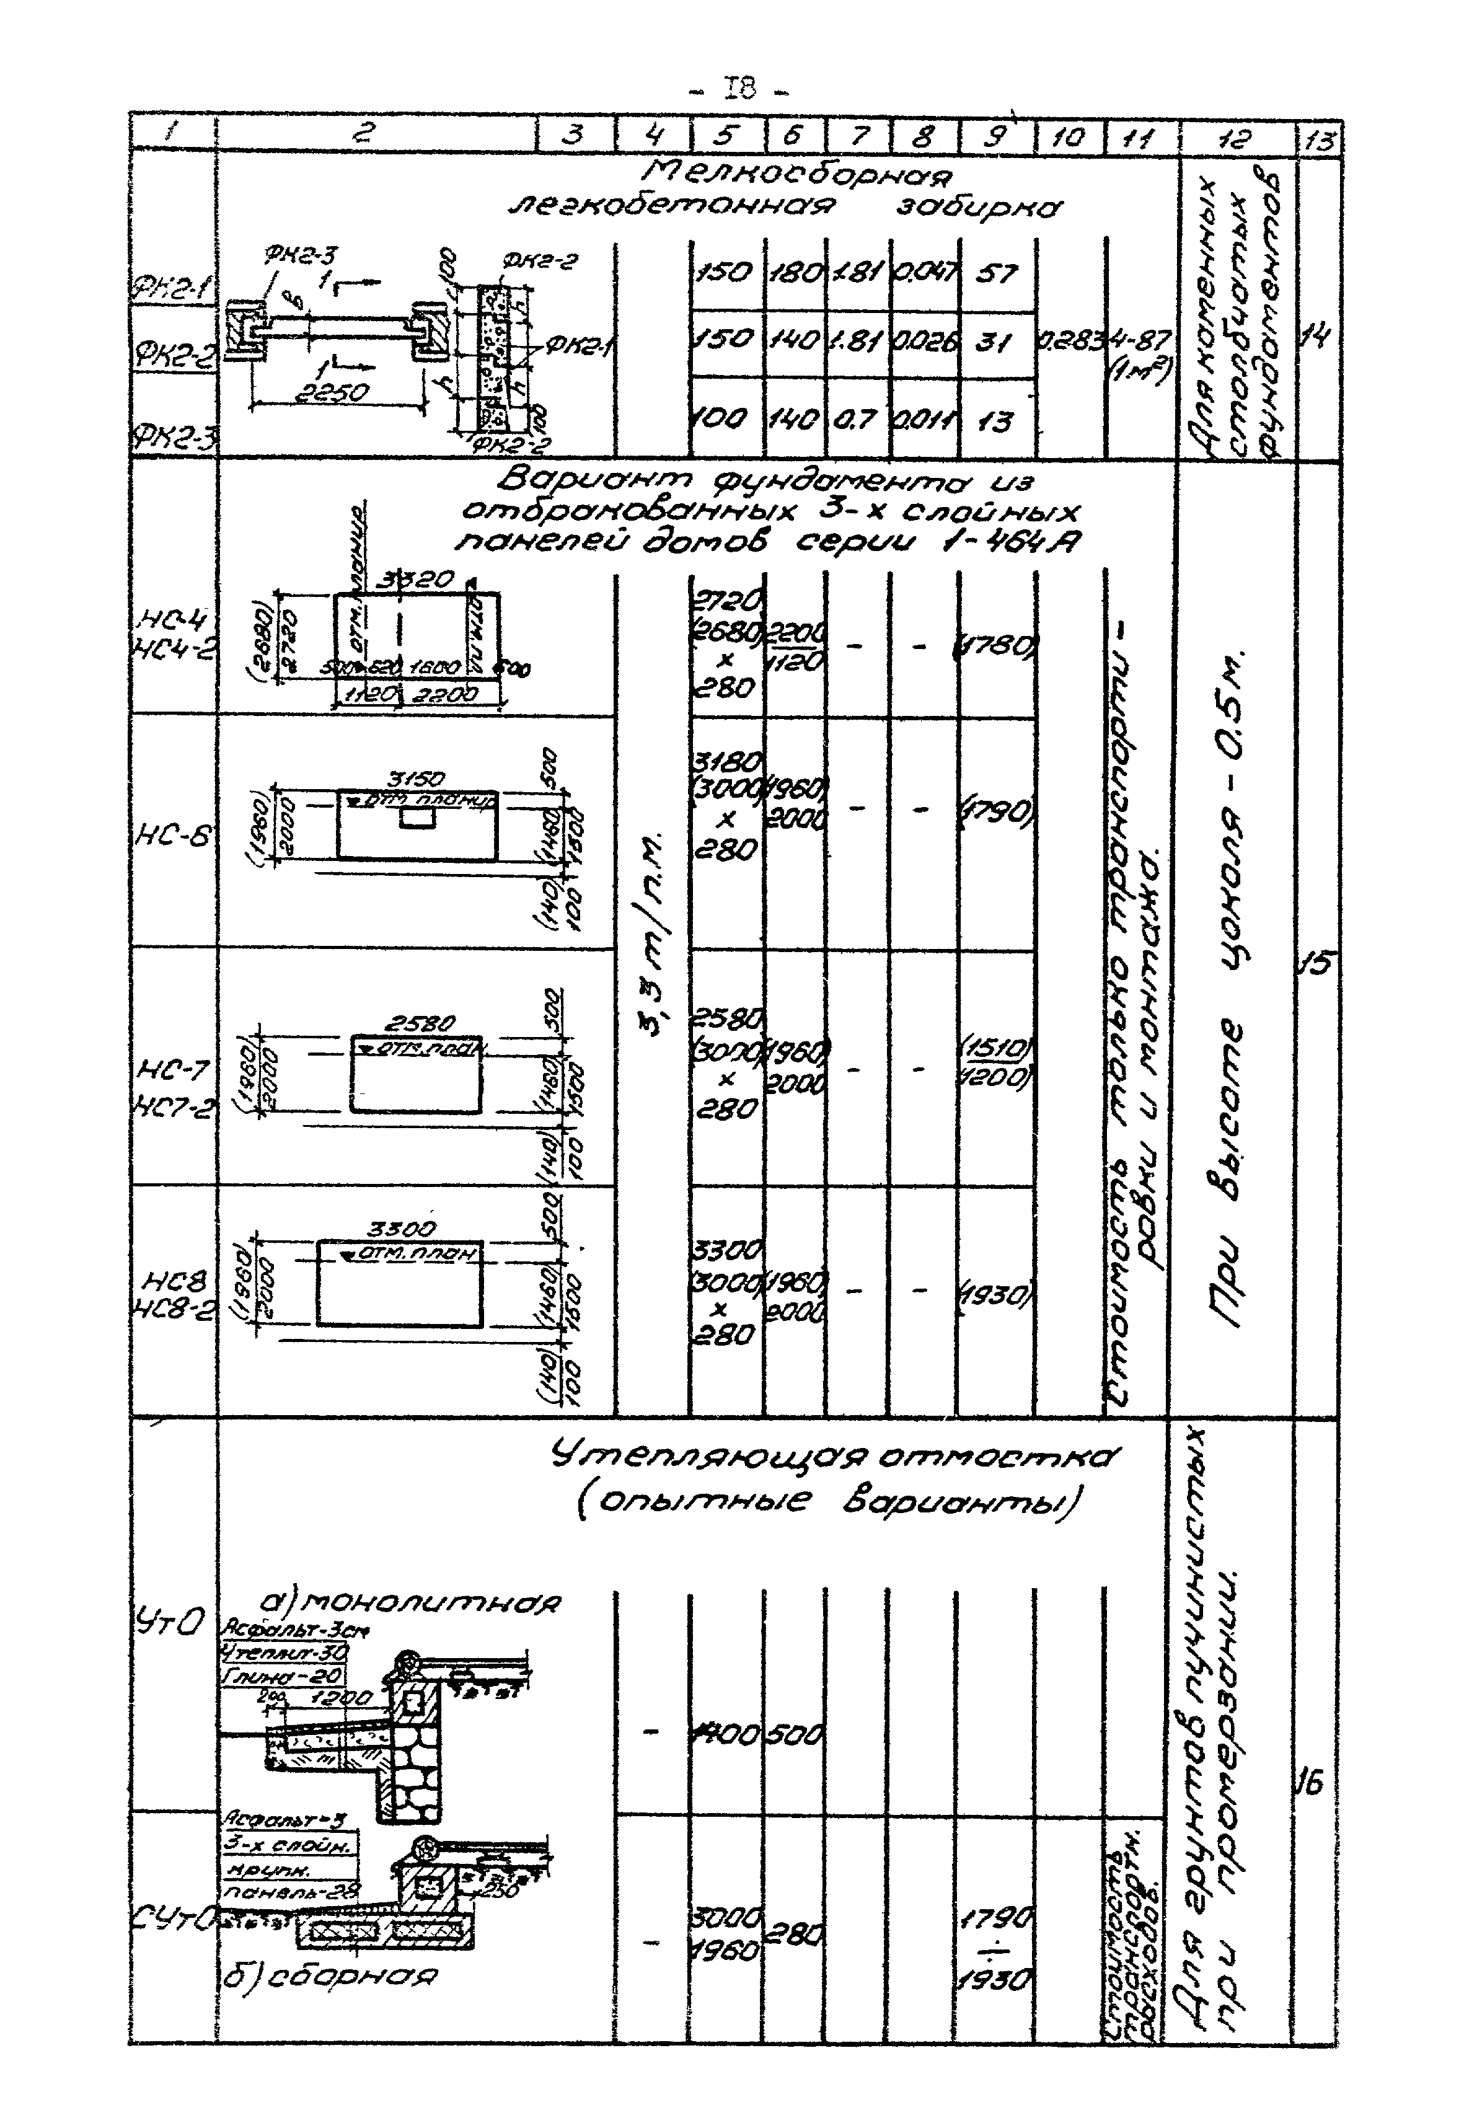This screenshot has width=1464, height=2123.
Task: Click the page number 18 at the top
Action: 740,90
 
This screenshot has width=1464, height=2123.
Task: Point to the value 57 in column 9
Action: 996,273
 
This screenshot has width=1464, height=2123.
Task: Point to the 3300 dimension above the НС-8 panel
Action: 402,1229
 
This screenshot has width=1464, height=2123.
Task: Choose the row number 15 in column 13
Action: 1316,964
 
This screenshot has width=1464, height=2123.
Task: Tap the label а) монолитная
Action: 409,1601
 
